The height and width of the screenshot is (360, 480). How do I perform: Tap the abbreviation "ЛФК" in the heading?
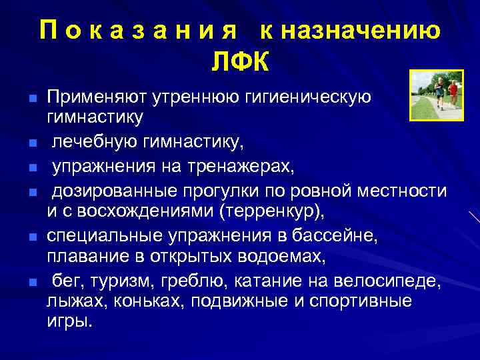(x=240, y=62)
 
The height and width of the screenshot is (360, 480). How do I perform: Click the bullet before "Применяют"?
(x=31, y=99)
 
